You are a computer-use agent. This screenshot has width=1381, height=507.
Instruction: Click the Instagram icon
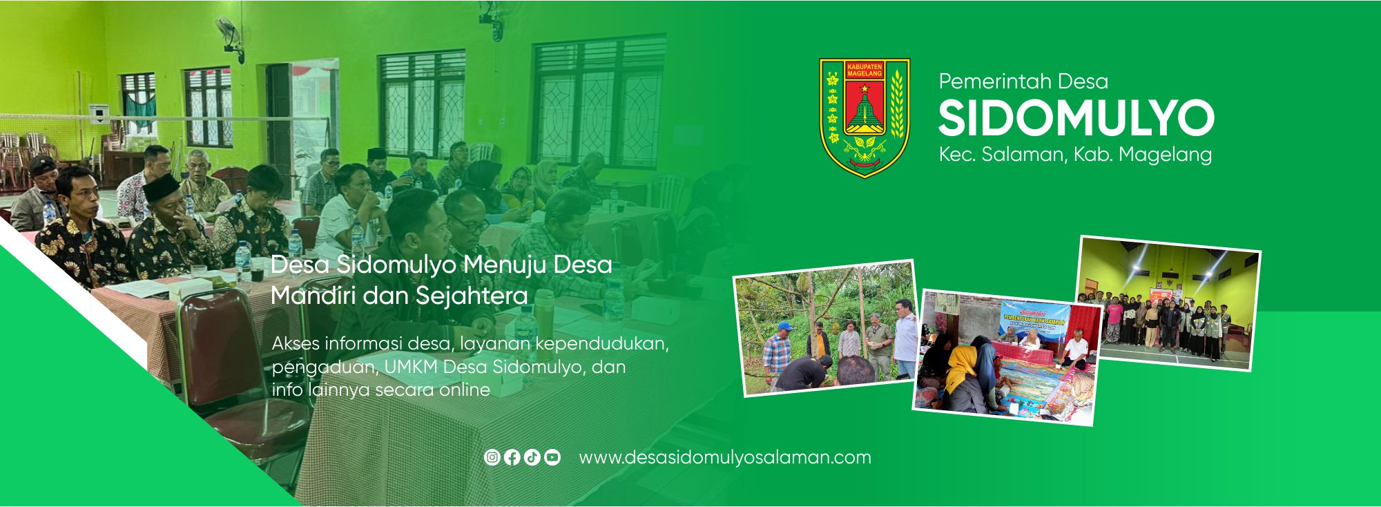(492, 457)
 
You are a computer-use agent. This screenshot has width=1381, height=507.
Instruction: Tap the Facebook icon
(512, 457)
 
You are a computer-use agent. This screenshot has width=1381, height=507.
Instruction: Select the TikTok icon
(532, 457)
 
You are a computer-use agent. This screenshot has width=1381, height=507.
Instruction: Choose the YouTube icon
(552, 457)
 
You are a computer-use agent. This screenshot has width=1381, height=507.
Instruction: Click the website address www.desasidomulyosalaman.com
(724, 457)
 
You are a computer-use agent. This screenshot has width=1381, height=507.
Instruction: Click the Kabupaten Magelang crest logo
(865, 117)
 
